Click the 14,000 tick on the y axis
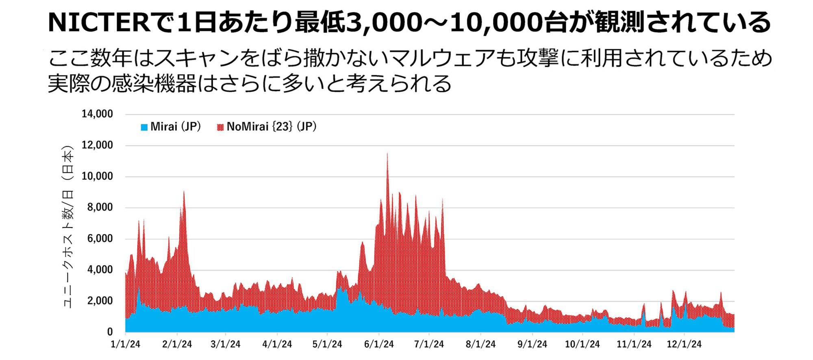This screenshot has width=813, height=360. (97, 114)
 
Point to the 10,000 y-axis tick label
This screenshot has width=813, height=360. (97, 176)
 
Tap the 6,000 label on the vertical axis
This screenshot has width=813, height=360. (100, 239)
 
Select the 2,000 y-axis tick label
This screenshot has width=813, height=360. (100, 301)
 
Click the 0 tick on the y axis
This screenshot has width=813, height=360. (110, 332)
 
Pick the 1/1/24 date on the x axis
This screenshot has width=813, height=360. (125, 345)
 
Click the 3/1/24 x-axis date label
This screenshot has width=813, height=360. (225, 345)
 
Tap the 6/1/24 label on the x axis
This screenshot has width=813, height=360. (378, 345)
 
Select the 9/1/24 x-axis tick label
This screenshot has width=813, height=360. (532, 345)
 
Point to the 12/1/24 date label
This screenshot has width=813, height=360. (684, 345)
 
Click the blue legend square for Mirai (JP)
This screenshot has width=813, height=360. (144, 128)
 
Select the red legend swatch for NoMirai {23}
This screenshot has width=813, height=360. (220, 128)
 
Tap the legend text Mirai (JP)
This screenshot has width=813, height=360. (176, 127)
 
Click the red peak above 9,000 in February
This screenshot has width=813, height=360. (184, 192)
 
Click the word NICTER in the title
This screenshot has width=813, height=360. (99, 22)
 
